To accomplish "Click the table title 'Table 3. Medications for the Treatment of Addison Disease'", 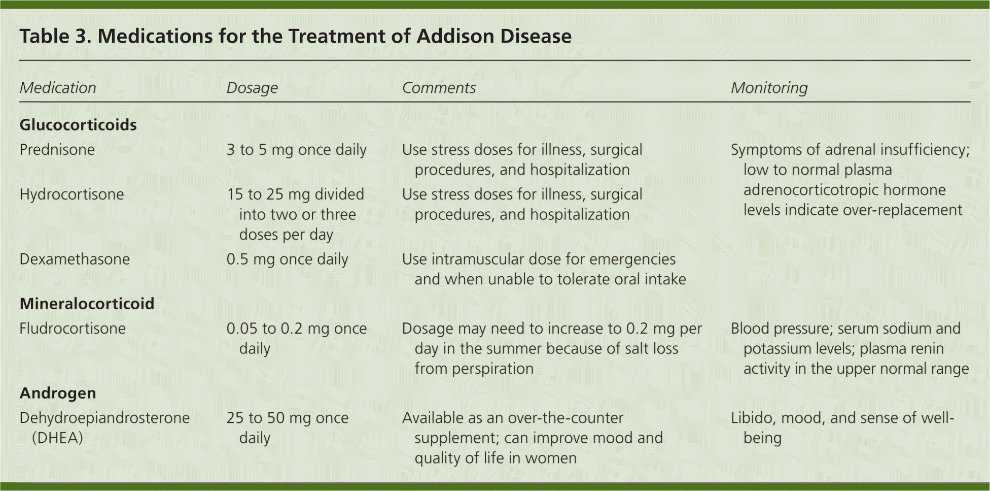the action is (296, 37).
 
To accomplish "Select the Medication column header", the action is (58, 88).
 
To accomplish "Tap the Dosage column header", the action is (252, 88).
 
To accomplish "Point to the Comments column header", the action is (439, 88).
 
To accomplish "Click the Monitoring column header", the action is (769, 88).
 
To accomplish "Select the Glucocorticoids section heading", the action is (78, 125).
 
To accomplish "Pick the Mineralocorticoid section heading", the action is (87, 304).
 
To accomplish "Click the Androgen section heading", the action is (58, 394).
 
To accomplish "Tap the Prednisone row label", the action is (57, 150).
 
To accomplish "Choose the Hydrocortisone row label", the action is (72, 194).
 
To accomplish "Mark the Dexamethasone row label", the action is (75, 259).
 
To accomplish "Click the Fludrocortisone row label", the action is (73, 329).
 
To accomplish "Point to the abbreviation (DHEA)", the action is (57, 438).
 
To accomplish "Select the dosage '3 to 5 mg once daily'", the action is (296, 150).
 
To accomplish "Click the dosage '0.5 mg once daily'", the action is (287, 260).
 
